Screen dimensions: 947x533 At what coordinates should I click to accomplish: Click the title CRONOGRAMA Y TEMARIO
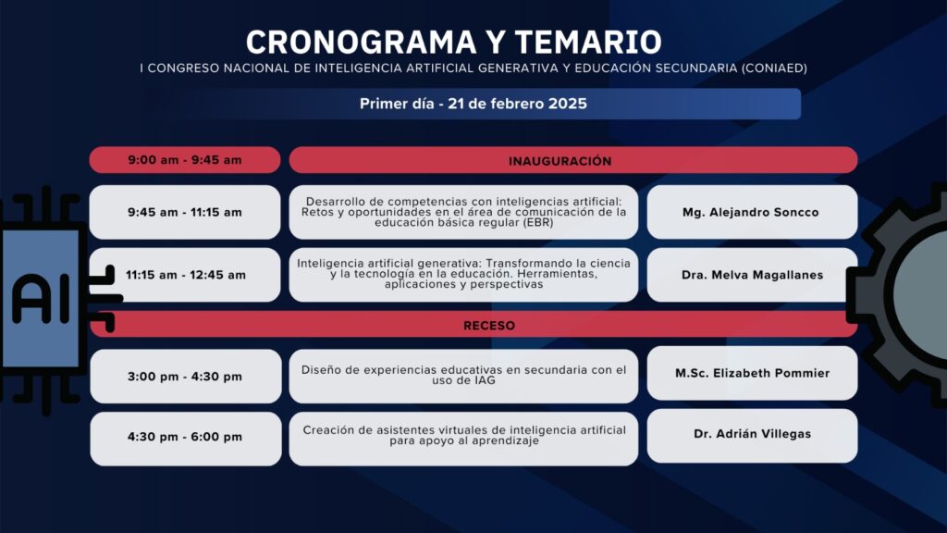pyautogui.click(x=453, y=43)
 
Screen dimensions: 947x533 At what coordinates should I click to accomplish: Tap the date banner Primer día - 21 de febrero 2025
pyautogui.click(x=473, y=104)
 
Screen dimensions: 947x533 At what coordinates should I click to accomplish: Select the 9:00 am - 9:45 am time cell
pyautogui.click(x=185, y=160)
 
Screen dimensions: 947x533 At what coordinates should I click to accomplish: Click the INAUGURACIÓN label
pyautogui.click(x=560, y=161)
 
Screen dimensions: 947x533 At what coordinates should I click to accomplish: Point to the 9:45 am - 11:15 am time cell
pyautogui.click(x=185, y=212)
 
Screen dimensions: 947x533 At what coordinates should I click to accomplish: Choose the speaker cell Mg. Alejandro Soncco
pyautogui.click(x=752, y=212)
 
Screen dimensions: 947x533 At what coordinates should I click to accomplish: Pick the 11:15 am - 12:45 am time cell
pyautogui.click(x=185, y=275)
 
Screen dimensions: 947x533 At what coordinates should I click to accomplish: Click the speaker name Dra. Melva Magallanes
pyautogui.click(x=753, y=275)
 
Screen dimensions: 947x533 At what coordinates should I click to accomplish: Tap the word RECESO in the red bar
pyautogui.click(x=489, y=326)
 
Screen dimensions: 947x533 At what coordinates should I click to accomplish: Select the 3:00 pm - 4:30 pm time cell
pyautogui.click(x=185, y=377)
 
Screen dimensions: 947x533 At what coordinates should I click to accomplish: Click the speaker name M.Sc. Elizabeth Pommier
pyautogui.click(x=753, y=374)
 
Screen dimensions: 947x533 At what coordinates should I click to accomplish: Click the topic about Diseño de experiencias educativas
pyautogui.click(x=463, y=376)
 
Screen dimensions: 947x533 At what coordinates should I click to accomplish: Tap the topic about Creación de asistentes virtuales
pyautogui.click(x=464, y=436)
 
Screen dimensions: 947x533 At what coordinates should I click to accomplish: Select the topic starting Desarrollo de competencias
pyautogui.click(x=463, y=212)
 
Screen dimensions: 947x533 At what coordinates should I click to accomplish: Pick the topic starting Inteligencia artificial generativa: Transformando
pyautogui.click(x=463, y=274)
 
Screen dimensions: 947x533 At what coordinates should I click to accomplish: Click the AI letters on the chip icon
pyautogui.click(x=41, y=298)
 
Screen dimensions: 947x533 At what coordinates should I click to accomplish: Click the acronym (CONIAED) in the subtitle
pyautogui.click(x=774, y=68)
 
